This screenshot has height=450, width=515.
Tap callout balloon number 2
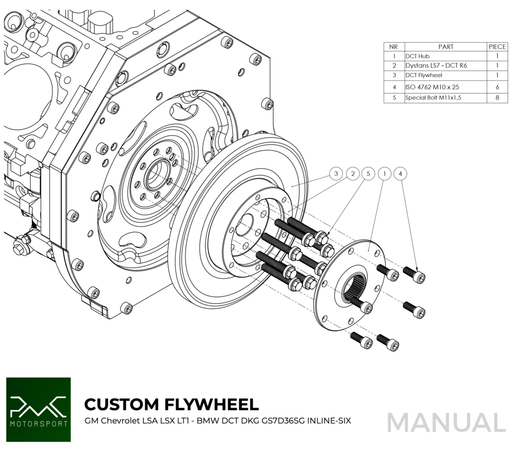(353, 174)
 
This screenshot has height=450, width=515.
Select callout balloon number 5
(368, 174)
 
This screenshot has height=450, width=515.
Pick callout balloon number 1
(384, 174)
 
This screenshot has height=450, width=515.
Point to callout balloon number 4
(400, 174)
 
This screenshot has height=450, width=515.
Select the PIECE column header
(497, 47)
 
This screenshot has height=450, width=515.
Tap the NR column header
(394, 47)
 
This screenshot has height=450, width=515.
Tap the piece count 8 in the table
(497, 97)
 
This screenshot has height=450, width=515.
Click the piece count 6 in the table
(497, 86)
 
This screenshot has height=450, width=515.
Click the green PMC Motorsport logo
(38, 410)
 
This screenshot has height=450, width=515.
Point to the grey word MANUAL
(446, 422)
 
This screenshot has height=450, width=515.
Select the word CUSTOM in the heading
(121, 404)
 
